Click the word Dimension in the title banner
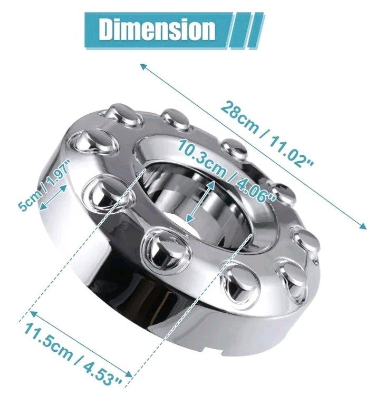click(x=157, y=29)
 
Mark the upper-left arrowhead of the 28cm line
click(x=142, y=66)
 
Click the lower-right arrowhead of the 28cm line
click(x=363, y=226)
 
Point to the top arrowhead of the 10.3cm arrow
click(x=212, y=182)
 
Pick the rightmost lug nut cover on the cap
click(x=306, y=241)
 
